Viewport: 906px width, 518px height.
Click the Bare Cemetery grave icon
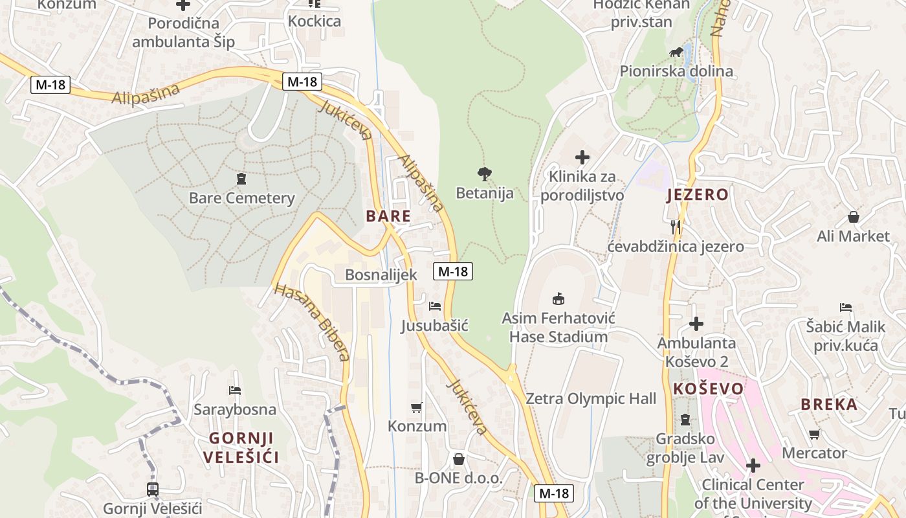[241, 178]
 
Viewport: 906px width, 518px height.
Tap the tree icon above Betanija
[484, 174]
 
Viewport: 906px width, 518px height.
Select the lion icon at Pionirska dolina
[676, 52]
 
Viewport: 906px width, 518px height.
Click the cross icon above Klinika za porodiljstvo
[582, 157]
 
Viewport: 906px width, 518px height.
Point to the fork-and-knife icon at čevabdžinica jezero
[676, 226]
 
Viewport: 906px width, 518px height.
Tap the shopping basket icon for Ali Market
[853, 217]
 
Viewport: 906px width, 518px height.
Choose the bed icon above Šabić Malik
[845, 307]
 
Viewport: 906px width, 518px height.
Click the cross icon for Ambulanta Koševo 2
[696, 323]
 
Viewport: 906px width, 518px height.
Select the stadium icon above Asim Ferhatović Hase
[558, 298]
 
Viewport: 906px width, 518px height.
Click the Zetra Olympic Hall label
[590, 398]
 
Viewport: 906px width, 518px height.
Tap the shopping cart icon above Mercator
[814, 434]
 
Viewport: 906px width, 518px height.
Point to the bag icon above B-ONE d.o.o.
[458, 459]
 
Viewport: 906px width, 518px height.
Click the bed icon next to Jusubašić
[435, 306]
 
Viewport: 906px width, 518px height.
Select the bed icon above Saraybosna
[234, 390]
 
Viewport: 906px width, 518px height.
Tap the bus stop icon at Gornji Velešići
[153, 489]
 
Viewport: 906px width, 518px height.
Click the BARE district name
[388, 216]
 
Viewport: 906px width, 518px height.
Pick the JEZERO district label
[698, 195]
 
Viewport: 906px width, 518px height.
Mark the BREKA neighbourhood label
[829, 405]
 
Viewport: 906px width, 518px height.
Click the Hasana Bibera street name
[313, 322]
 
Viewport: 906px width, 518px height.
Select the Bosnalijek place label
[381, 275]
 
